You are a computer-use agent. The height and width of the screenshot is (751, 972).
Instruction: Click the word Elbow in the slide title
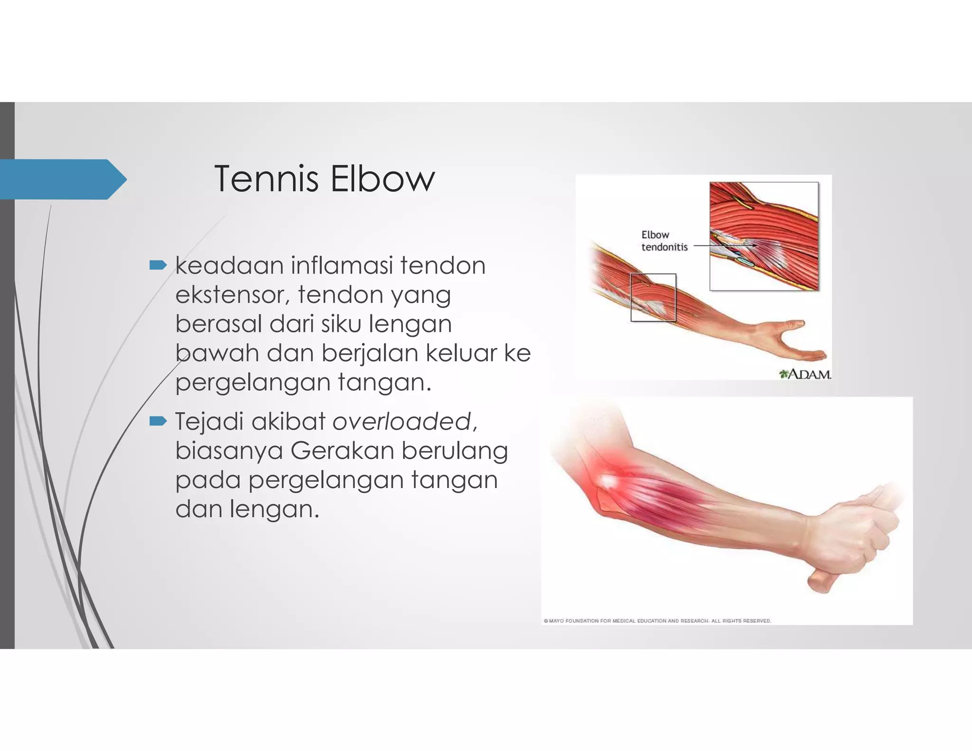tap(382, 179)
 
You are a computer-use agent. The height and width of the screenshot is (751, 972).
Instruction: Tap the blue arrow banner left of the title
tap(62, 179)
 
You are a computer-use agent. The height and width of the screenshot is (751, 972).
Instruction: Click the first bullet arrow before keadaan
tap(158, 265)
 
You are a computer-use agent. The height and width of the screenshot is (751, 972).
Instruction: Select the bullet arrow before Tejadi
tap(158, 421)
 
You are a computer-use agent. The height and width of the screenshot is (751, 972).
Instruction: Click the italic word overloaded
tap(402, 421)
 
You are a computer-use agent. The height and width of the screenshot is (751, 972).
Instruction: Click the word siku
tap(342, 324)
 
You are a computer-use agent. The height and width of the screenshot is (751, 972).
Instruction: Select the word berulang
tap(455, 451)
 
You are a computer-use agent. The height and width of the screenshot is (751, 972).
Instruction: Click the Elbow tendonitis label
tap(664, 241)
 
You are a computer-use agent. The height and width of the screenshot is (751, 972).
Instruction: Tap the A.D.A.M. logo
tap(805, 374)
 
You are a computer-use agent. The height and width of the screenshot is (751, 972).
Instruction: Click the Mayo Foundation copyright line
tap(657, 620)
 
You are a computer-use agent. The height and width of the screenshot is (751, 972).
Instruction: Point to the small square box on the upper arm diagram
tap(653, 298)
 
